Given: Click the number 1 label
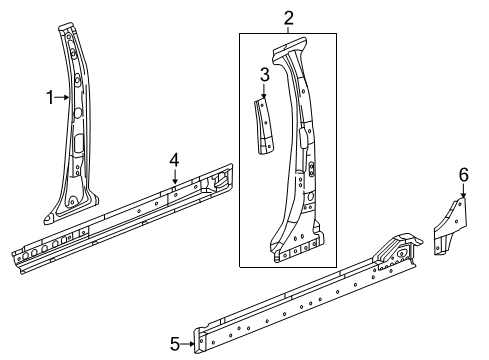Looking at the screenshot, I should pos(47,97).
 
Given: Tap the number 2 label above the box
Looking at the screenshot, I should pos(288,16).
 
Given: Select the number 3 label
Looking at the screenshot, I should pos(264,74).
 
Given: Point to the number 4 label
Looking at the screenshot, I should pos(174,159).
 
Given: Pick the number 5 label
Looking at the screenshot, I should pos(174,344).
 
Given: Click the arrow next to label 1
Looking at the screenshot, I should pos(62,97).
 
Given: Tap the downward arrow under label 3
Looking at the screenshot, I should pos(264,92).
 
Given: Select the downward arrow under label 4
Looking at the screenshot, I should pos(174,178).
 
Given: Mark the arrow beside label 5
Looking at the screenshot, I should pos(190,344).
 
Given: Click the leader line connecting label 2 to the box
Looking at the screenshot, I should pos(288,29).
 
